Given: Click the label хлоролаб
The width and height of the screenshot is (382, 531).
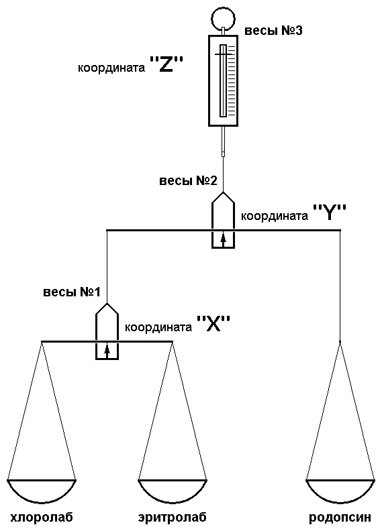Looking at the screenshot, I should (41, 518).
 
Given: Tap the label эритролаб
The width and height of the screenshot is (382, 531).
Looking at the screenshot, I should (172, 518).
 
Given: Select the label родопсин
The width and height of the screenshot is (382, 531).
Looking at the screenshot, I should (340, 518).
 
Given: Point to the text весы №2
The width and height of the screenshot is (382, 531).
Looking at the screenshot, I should (188, 181).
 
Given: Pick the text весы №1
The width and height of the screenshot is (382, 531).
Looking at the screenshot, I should (72, 292).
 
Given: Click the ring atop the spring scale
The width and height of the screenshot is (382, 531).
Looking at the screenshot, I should (222, 15).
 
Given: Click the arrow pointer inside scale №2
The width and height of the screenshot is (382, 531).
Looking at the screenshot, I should (223, 238).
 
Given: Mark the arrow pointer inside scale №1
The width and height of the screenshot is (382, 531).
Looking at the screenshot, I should (107, 349).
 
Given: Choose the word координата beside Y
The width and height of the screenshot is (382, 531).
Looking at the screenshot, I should (271, 217).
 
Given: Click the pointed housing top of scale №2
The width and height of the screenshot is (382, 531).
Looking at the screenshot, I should (223, 200).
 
